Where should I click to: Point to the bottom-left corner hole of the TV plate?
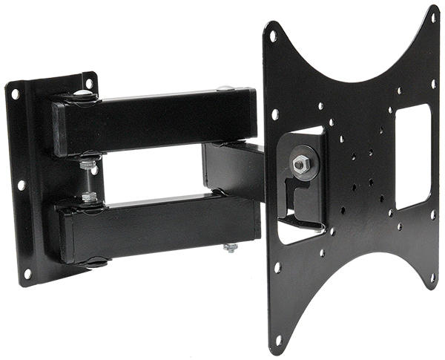tap(279, 339)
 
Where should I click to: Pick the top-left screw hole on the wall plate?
tap(16, 94)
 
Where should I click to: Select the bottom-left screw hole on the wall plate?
tap(27, 274)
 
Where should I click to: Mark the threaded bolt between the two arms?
tap(90, 178)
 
